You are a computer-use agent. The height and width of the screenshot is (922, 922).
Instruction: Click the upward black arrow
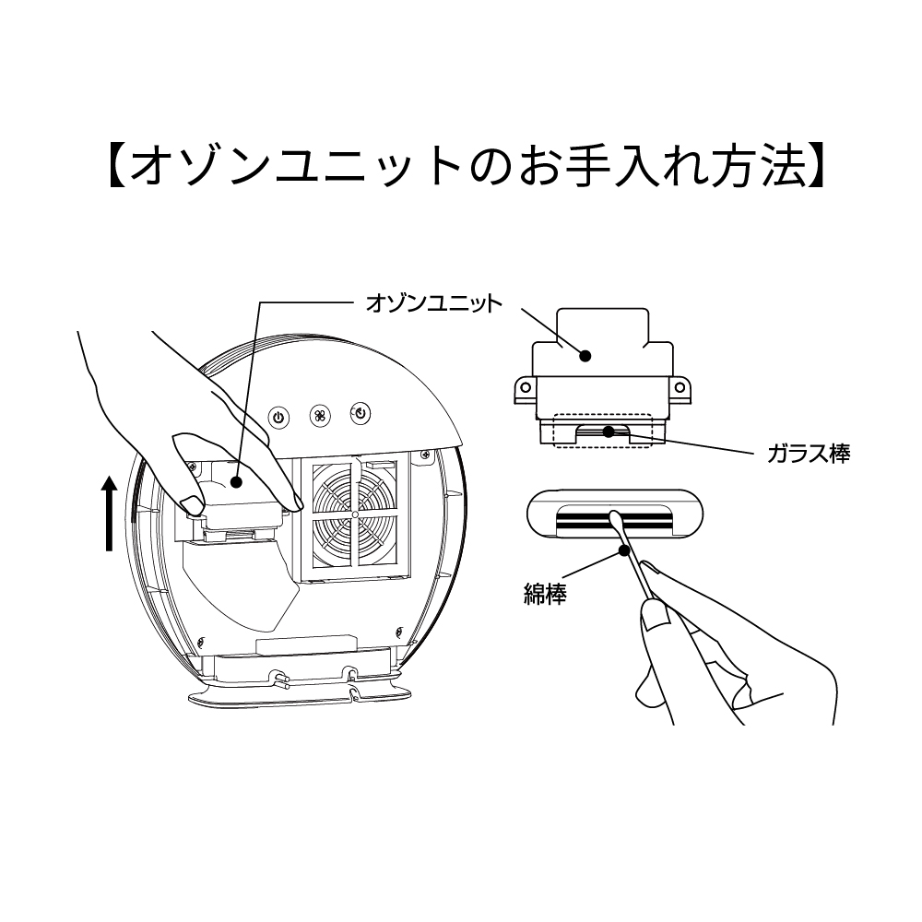(110, 513)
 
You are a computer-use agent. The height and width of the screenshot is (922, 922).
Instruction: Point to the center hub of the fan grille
(355, 512)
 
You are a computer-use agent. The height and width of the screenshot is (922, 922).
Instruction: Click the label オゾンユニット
(434, 303)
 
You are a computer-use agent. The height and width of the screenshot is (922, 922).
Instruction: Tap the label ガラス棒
(808, 454)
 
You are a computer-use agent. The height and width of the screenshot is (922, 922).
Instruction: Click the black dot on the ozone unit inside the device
(237, 480)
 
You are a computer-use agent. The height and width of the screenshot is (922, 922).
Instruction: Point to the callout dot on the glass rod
(608, 431)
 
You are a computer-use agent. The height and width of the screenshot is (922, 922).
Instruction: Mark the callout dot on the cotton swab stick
(626, 551)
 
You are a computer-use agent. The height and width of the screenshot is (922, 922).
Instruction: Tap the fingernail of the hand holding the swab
(657, 613)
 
